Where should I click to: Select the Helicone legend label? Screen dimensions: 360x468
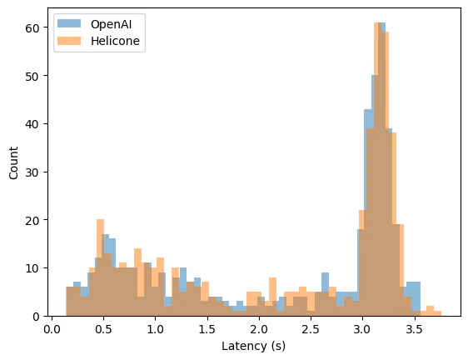113,41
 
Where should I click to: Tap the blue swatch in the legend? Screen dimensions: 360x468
71,24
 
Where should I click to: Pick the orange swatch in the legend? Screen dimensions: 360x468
71,41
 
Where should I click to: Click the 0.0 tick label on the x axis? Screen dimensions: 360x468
52,328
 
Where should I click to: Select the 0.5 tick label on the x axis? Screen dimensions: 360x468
103,328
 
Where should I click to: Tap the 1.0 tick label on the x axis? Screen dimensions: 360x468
155,328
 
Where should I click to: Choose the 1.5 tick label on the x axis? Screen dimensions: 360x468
207,328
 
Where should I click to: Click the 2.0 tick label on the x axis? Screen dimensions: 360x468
259,328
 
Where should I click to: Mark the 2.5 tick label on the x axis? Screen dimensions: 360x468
311,328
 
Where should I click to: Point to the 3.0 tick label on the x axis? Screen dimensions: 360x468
362,328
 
